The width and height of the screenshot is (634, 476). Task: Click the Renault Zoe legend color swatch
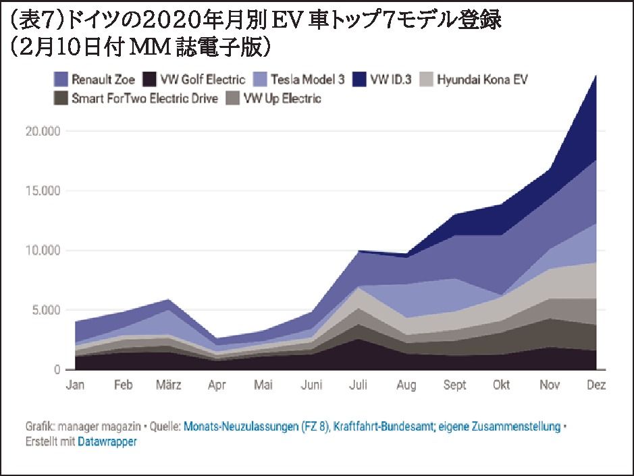(x=60, y=80)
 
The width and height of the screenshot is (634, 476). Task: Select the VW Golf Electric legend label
(x=202, y=80)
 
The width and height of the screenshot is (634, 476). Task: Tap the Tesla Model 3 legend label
(x=307, y=80)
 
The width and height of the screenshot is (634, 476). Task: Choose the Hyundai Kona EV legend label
(x=482, y=80)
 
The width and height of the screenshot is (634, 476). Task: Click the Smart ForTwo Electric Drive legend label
(x=144, y=99)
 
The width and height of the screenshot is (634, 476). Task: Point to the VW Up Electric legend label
(x=282, y=99)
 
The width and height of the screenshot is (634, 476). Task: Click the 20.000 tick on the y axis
(x=43, y=132)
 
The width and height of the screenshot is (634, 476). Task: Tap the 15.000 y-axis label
(x=43, y=191)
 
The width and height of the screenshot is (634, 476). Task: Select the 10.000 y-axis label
(x=43, y=250)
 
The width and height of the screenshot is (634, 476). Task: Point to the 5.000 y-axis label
(x=46, y=311)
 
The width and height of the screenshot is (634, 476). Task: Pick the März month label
(x=168, y=386)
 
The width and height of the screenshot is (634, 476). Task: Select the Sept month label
(x=454, y=386)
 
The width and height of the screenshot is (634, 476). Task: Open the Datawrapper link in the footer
(x=107, y=442)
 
